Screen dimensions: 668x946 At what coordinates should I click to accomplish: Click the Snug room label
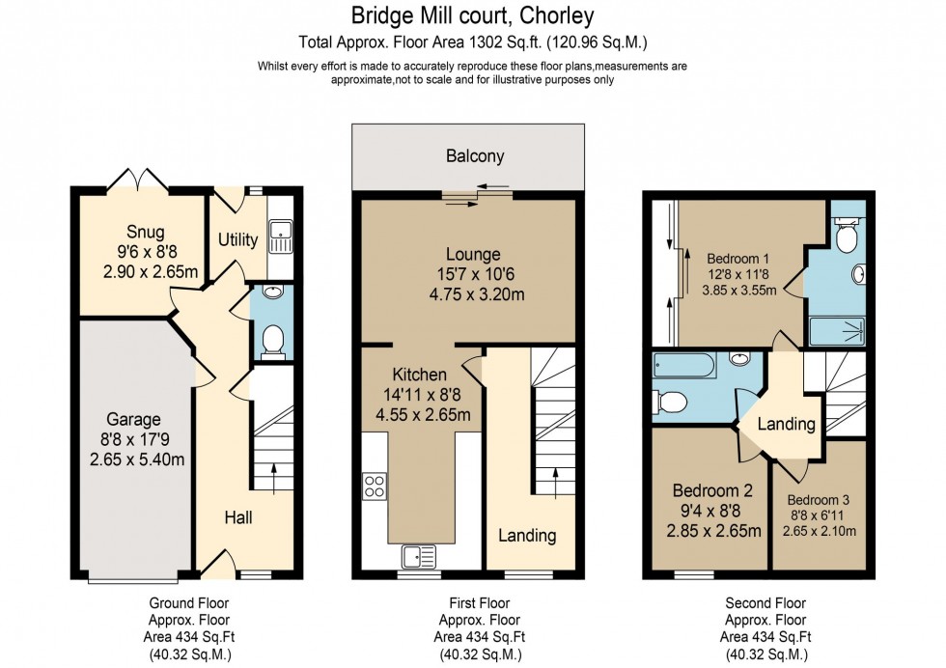pos(145,232)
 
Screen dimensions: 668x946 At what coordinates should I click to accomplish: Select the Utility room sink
pos(280,232)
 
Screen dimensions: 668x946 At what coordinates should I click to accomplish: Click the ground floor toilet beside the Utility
pos(273,340)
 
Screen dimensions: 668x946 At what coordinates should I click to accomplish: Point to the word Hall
pos(238,518)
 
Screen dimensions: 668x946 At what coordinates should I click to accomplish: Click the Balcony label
pos(474,155)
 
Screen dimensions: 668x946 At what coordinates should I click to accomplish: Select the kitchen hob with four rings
pos(375,487)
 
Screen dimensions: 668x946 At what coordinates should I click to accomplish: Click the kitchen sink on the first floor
pos(420,555)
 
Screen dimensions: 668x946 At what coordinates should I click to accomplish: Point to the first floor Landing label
pos(527,535)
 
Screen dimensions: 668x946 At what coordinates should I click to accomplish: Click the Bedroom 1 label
pos(737,259)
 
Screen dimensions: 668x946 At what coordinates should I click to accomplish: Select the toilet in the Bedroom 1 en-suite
pos(847,236)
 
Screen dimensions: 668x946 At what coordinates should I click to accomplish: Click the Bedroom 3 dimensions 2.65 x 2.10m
pos(819,531)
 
